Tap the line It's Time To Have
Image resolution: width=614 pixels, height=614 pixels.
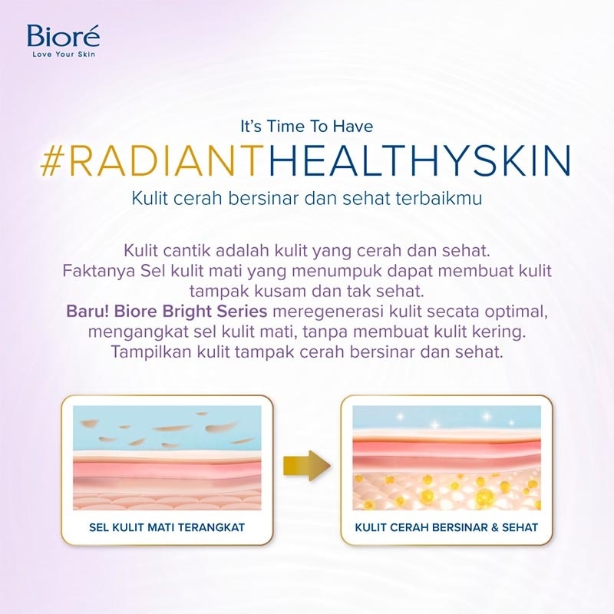point(307,125)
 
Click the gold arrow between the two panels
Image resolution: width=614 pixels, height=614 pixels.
point(306,466)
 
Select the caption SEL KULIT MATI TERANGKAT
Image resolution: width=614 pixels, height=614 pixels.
point(167,527)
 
